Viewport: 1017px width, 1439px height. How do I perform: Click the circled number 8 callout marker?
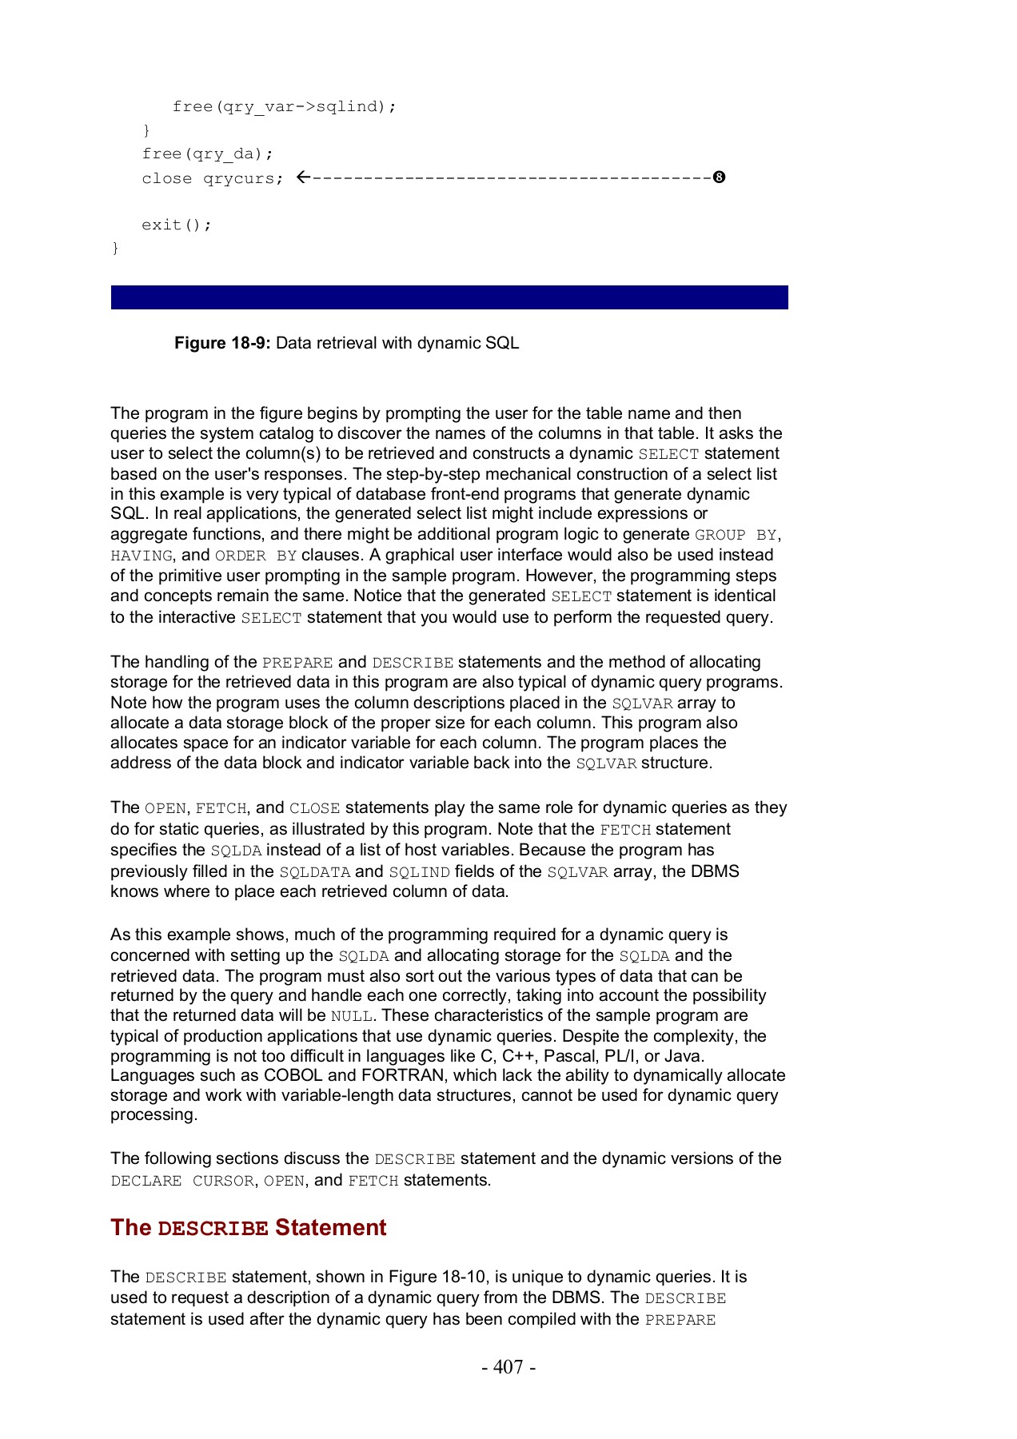coord(719,177)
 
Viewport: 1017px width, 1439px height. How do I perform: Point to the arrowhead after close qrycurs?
coord(301,177)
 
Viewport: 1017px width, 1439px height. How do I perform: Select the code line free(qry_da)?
coord(207,153)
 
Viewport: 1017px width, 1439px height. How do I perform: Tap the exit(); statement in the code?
coord(177,225)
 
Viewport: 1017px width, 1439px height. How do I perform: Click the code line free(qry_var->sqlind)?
coord(284,106)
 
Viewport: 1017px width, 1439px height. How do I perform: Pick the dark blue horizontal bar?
coord(449,297)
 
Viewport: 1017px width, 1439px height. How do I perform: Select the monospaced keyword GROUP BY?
coord(736,535)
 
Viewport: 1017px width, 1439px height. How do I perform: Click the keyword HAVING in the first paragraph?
coord(142,556)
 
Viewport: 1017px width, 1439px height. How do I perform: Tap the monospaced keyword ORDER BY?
coord(256,556)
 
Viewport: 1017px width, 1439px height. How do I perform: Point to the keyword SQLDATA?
coord(314,872)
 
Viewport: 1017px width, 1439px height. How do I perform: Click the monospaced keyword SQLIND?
coord(419,872)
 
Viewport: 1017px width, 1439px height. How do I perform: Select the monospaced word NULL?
coord(351,1017)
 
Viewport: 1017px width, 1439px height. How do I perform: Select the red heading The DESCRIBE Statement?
coord(248,1228)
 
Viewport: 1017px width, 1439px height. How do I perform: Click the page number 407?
coord(508,1367)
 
